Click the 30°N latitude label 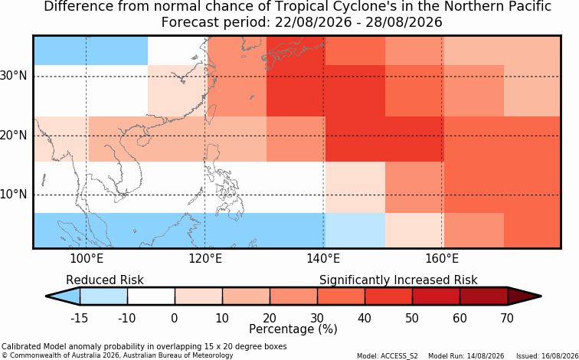13,77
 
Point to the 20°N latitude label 13,136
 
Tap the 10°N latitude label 13,195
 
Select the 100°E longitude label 86,259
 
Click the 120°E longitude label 205,259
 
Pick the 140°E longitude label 323,259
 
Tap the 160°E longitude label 442,259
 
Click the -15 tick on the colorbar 80,318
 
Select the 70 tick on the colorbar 507,318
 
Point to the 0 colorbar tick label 175,318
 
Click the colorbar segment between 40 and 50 388,296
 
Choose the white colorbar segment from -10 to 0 151,296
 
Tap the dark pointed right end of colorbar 525,296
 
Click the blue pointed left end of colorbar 63,296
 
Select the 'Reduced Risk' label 105,280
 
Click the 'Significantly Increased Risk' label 398,280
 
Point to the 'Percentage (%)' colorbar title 293,329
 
